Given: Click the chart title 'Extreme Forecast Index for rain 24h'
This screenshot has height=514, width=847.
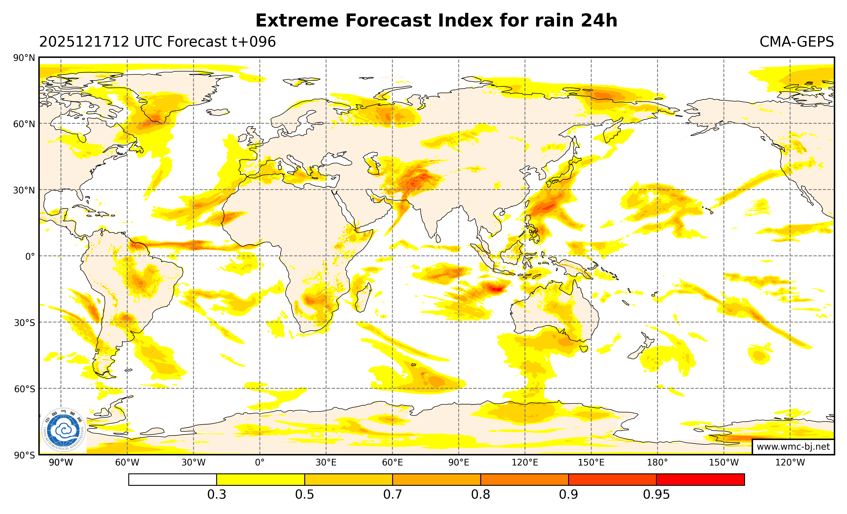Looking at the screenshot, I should (436, 21).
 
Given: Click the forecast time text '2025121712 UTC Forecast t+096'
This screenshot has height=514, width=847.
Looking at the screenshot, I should (157, 42).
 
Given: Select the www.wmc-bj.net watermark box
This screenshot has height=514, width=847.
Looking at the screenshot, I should (793, 447).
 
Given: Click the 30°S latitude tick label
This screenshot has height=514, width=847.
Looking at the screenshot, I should (24, 323).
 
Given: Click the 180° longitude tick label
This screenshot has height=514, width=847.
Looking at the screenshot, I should (657, 462).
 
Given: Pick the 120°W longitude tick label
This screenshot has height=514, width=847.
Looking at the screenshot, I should (790, 462).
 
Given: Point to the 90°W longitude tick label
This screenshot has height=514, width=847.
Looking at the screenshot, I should (61, 462).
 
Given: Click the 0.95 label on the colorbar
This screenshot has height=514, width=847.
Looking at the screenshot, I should (656, 495).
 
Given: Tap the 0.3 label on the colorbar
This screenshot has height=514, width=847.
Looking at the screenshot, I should (217, 495).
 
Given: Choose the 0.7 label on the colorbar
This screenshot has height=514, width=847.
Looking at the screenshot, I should (393, 495).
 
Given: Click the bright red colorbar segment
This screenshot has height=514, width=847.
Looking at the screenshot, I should (700, 479).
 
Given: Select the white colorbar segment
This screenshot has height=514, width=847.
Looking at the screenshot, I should (173, 479).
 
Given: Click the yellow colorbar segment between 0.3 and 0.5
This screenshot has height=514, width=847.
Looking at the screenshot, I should (261, 479).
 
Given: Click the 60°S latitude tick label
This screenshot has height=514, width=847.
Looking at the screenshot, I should (24, 389).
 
